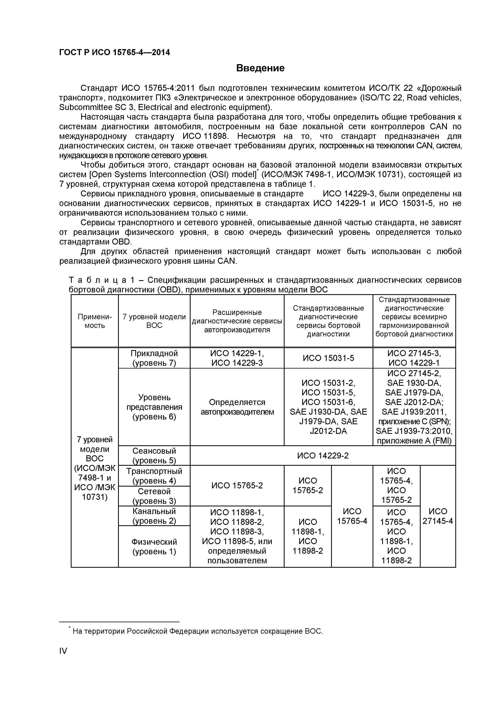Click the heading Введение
[260, 68]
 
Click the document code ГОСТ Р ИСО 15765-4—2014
[114, 53]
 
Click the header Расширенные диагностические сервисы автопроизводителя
[237, 321]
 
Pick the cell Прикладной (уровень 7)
[154, 358]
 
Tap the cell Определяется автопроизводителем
[237, 407]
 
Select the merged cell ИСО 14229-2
[323, 456]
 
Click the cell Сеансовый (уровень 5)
[154, 456]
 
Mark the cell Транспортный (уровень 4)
[154, 476]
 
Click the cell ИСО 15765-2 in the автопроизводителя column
[237, 486]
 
